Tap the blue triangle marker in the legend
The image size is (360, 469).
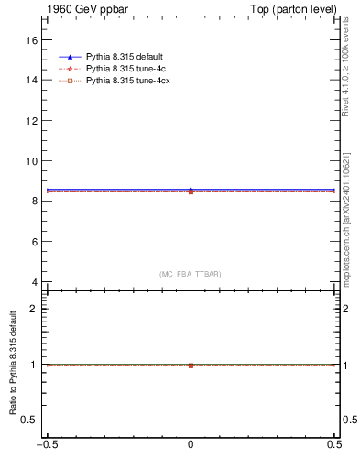[70, 58]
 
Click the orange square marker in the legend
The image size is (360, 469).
[70, 82]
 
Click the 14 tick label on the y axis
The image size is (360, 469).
[32, 81]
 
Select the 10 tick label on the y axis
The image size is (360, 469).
[32, 161]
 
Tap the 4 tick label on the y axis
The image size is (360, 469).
[35, 281]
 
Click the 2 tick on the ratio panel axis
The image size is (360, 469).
[35, 309]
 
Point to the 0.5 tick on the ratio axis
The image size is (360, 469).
[30, 420]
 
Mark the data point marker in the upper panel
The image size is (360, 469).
[191, 191]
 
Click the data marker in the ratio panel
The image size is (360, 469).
[191, 365]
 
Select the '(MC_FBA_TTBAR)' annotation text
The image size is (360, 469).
[191, 274]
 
